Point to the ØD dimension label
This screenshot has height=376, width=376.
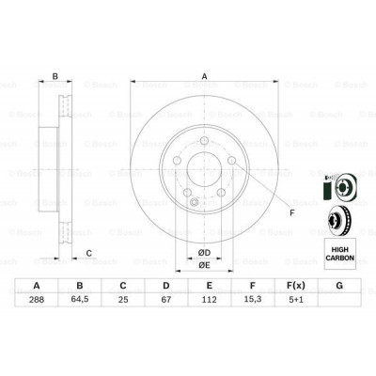[203, 251]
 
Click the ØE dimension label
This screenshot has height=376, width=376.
[203, 265]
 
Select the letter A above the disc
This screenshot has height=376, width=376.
[204, 77]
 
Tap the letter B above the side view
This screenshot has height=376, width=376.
[55, 77]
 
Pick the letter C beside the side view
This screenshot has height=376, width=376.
[88, 252]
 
